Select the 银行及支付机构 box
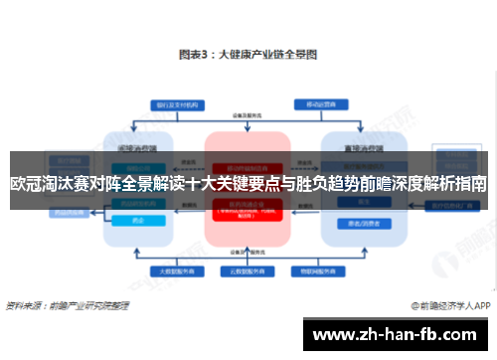pyautogui.click(x=169, y=103)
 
